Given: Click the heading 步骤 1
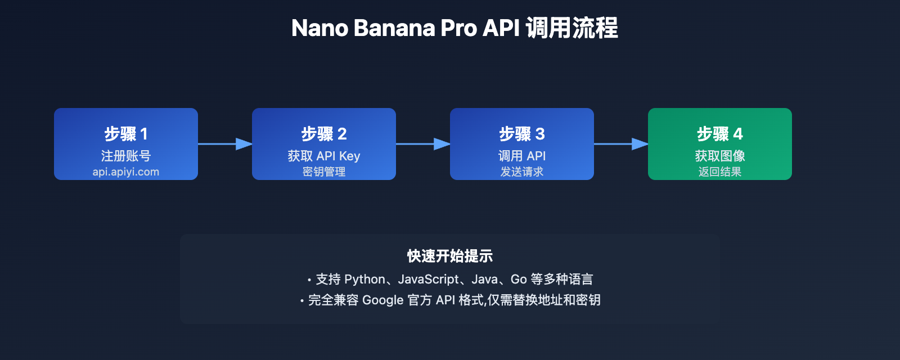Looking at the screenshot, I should pos(126,134).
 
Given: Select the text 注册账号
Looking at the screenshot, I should pos(126,156).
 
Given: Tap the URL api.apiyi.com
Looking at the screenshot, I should pos(126,172).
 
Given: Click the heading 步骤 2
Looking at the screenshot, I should pos(324,134).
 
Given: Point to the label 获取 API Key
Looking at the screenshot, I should pos(324,156).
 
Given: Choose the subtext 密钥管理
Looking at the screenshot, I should pos(324,172).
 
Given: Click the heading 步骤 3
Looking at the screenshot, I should pos(522,134).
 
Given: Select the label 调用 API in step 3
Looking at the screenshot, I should pos(522,156).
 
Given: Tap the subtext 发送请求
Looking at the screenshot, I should pos(522,172).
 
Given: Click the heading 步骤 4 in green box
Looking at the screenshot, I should pos(720,134).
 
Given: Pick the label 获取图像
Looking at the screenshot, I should pos(720,156).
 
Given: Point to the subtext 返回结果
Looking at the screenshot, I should pos(720,172).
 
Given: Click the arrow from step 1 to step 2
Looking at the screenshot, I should pos(225,144).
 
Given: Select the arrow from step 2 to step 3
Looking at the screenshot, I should pos(423,144).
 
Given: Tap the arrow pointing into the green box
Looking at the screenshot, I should pos(621,144).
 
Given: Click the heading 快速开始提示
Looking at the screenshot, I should pos(450,256).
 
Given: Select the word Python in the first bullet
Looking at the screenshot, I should pos(365,280).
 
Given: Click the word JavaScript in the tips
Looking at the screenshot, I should pos(429,280).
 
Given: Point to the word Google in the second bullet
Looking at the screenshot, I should pos(383,300).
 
